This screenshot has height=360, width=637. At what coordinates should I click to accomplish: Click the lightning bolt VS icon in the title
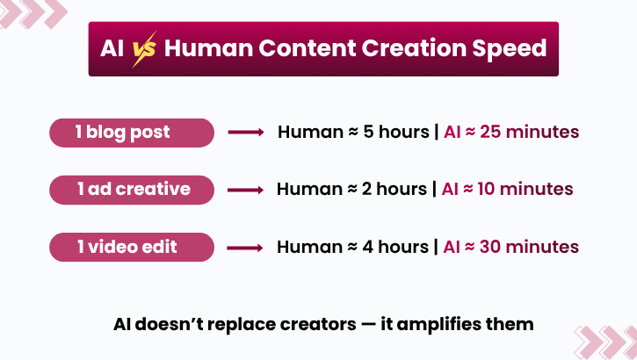(143, 49)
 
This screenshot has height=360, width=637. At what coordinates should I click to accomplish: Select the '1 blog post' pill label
(132, 133)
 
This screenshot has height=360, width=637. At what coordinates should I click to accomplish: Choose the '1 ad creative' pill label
(132, 189)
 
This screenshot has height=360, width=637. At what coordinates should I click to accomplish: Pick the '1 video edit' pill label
(132, 247)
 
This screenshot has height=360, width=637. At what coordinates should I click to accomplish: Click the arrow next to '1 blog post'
(246, 133)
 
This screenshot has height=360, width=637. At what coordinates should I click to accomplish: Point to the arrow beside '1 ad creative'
(246, 190)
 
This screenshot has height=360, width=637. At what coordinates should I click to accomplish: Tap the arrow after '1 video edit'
(246, 247)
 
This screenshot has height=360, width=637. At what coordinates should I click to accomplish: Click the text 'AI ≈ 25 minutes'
(510, 133)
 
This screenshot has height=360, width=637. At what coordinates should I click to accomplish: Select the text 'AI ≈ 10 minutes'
(507, 189)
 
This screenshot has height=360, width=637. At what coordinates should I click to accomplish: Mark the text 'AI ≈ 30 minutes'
(510, 247)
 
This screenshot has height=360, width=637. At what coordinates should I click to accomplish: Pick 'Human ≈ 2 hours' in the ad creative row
(351, 189)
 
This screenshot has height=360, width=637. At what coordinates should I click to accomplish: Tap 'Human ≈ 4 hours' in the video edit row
(351, 247)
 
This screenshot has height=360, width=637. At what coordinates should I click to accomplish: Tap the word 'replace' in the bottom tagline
(242, 324)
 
